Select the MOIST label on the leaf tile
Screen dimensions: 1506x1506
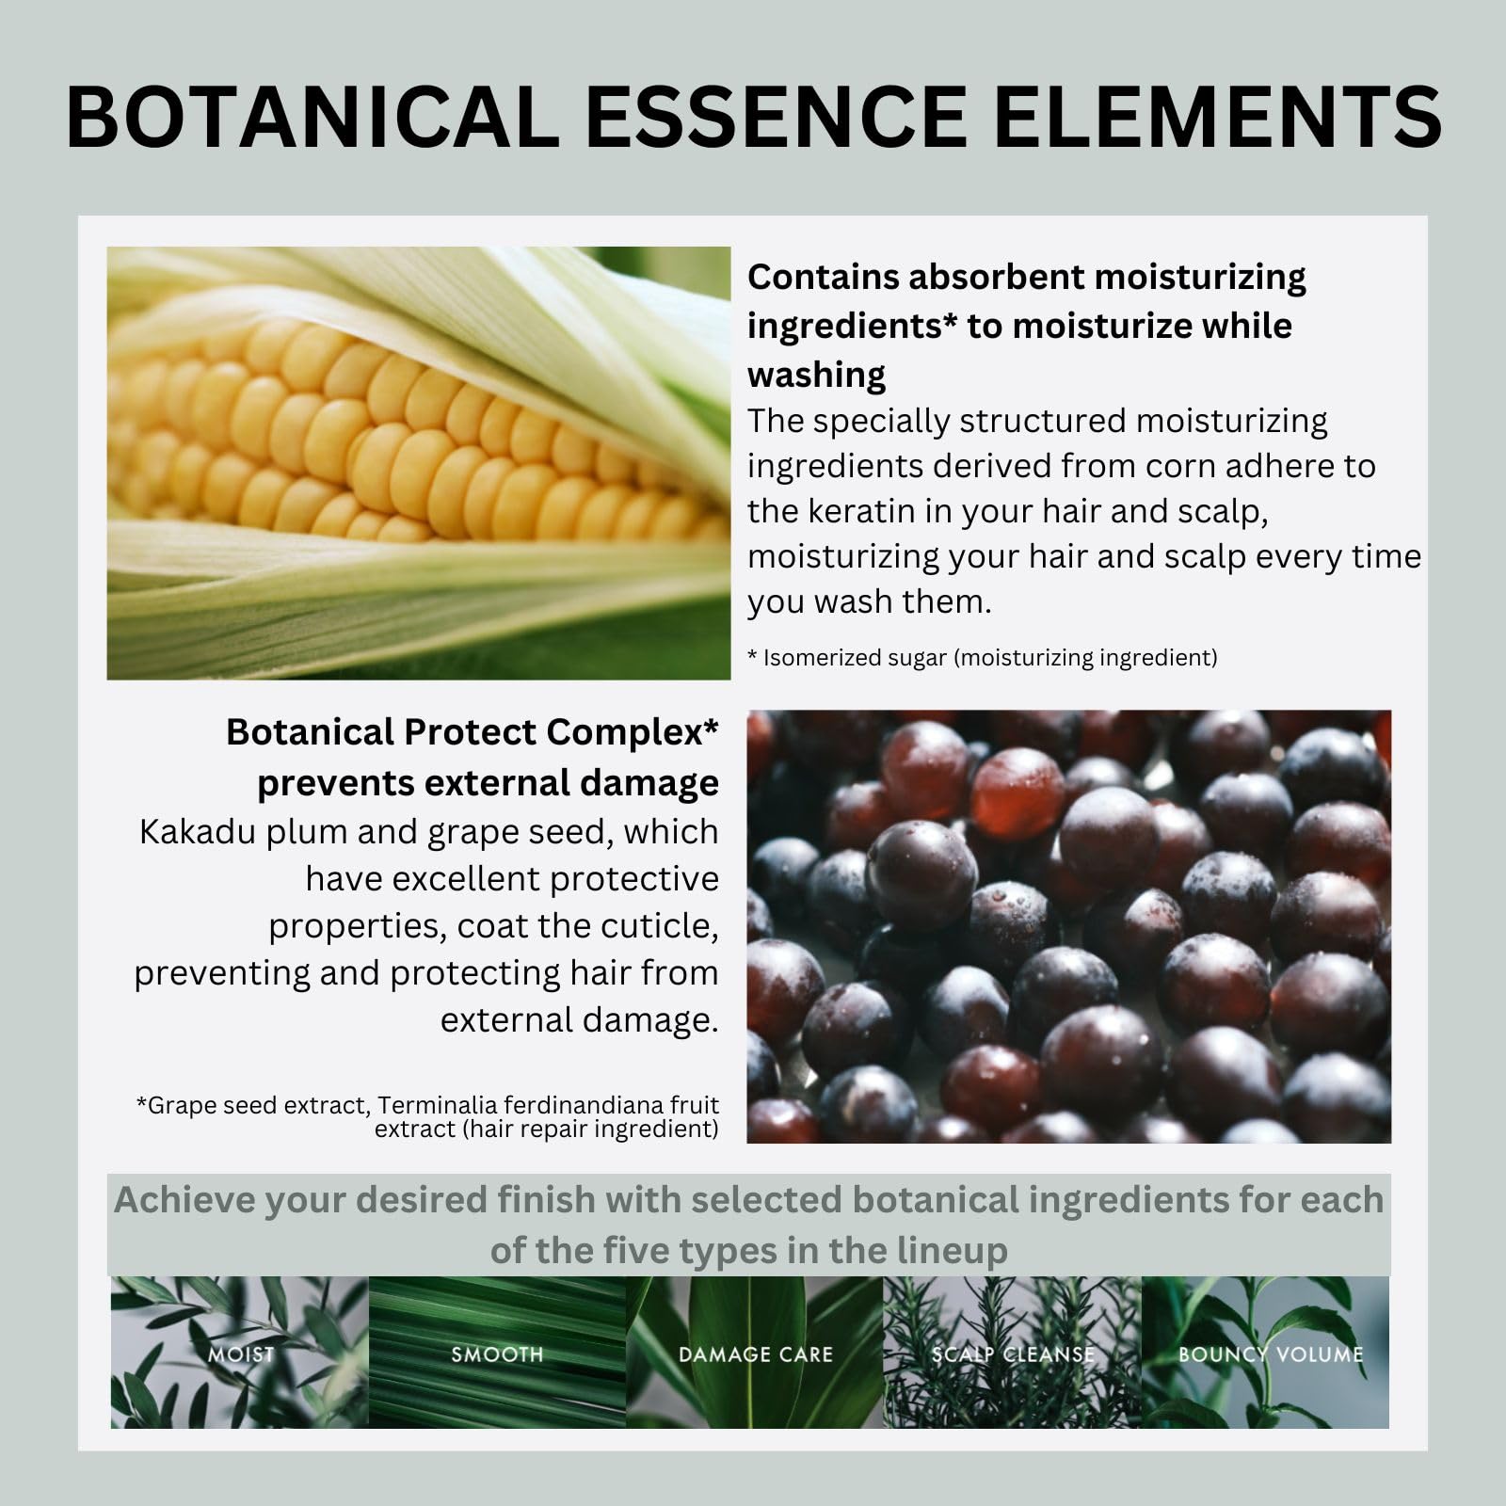pos(241,1354)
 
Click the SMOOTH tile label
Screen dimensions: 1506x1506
pos(497,1354)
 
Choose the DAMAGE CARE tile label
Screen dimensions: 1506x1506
pos(756,1354)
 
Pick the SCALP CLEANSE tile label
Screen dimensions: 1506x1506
pos(1013,1354)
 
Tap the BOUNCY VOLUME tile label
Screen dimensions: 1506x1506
pos(1271,1354)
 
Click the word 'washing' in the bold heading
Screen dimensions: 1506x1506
pos(816,375)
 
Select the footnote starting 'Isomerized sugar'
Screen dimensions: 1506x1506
pos(988,658)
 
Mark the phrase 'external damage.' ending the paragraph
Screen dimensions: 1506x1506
pos(579,1020)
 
